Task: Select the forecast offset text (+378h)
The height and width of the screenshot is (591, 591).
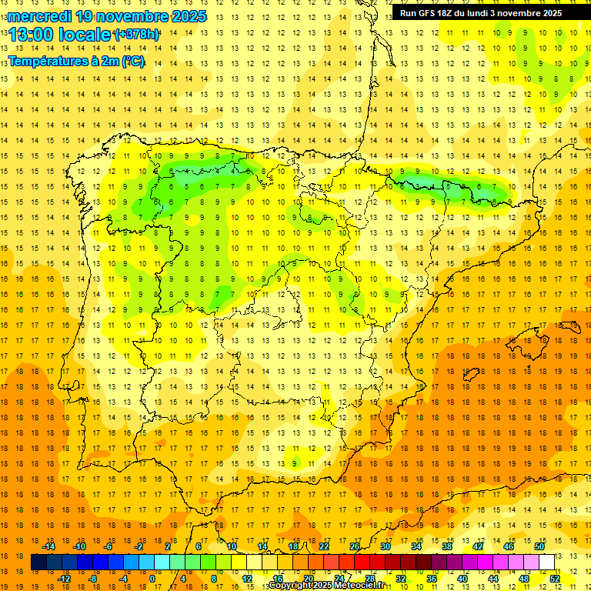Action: pyautogui.click(x=137, y=35)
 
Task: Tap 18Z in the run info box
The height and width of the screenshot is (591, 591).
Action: pyautogui.click(x=452, y=13)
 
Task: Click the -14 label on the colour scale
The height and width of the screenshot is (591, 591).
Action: pyautogui.click(x=49, y=546)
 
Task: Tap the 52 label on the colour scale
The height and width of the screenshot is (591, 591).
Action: pyautogui.click(x=555, y=579)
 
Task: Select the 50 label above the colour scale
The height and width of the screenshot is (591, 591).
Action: pyautogui.click(x=539, y=546)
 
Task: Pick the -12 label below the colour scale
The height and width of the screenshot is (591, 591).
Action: pyautogui.click(x=65, y=579)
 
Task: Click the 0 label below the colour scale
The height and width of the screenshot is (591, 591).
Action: pyautogui.click(x=152, y=579)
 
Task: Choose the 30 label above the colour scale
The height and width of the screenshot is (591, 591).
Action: pyautogui.click(x=386, y=546)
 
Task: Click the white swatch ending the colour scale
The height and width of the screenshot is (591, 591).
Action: pyautogui.click(x=547, y=563)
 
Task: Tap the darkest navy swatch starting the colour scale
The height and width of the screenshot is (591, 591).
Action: pyautogui.click(x=38, y=563)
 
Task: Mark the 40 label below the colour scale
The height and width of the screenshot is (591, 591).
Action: pyautogui.click(x=462, y=579)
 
